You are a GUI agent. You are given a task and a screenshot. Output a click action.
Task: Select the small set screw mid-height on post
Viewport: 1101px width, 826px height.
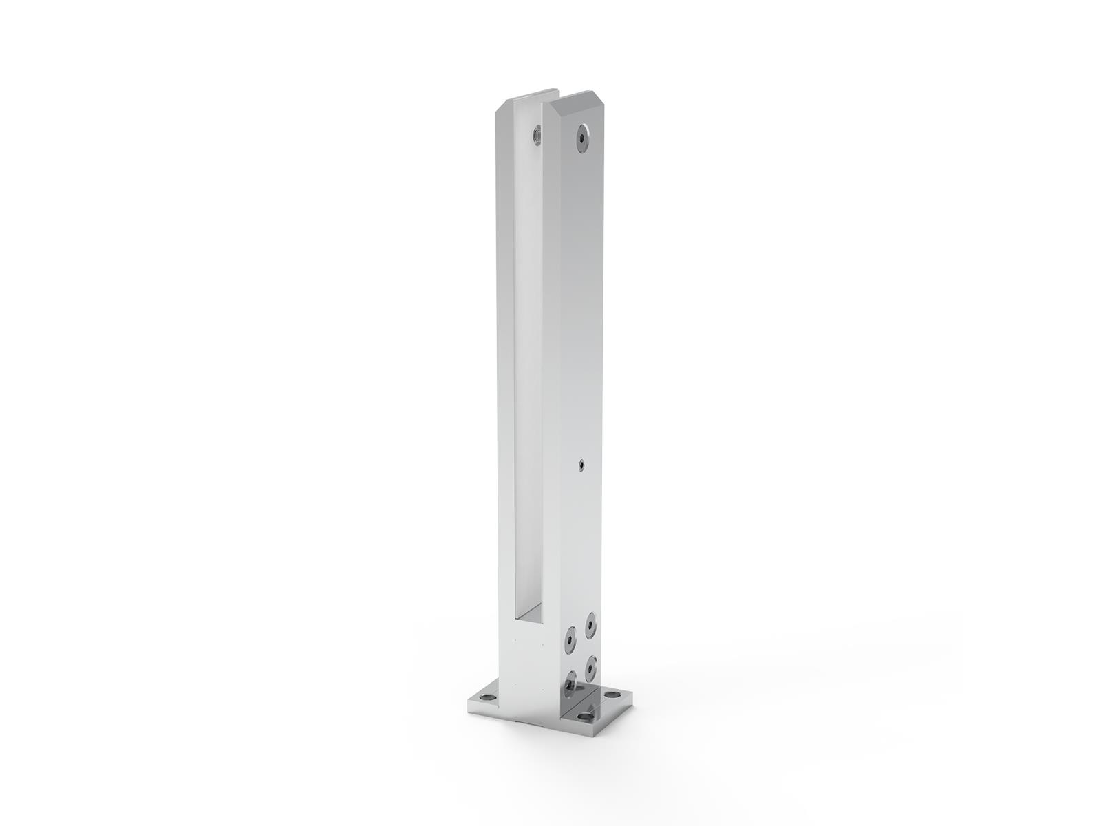click(x=581, y=465)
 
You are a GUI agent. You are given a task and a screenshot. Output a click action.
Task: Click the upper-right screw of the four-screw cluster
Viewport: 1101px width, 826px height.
click(x=590, y=625)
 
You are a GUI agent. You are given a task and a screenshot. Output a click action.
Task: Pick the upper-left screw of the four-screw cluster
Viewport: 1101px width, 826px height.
click(x=570, y=640)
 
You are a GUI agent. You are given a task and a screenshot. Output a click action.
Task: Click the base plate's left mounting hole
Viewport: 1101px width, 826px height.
click(x=487, y=697)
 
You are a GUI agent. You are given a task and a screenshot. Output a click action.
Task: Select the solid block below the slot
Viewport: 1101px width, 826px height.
click(x=530, y=661)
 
